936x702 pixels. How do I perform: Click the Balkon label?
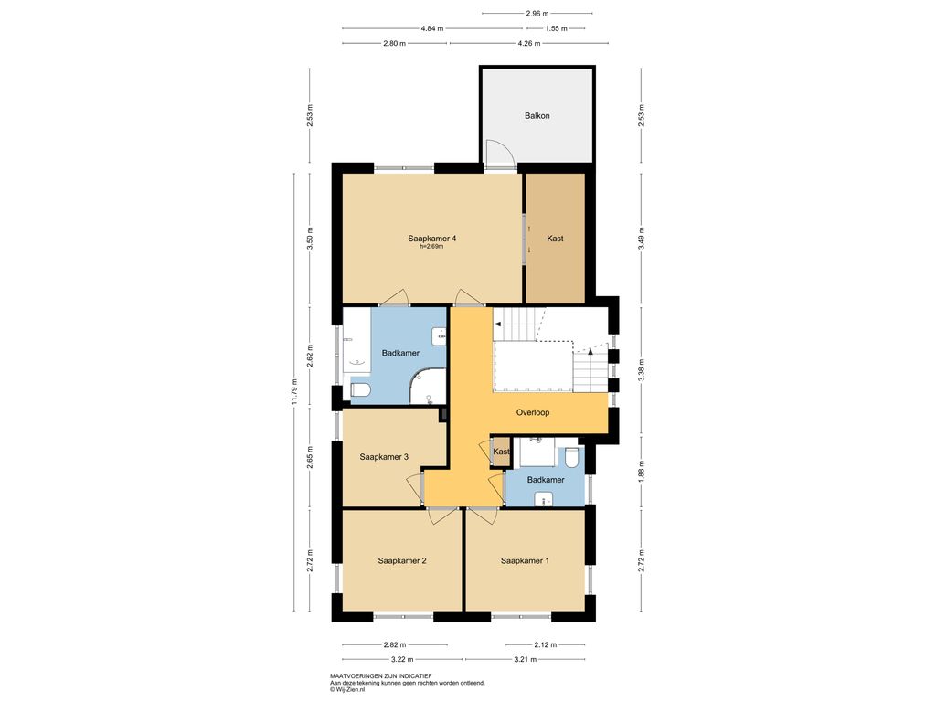tap(537, 116)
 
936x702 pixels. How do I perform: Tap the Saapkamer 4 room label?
tap(432, 239)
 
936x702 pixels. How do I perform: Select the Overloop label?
tap(533, 412)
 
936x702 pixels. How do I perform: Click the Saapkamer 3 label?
tap(384, 457)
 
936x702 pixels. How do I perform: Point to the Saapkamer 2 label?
tap(402, 560)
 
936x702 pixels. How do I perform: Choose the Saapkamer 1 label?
tap(525, 560)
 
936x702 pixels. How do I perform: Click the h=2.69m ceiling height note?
tap(431, 246)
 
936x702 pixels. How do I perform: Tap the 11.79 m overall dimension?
tap(293, 391)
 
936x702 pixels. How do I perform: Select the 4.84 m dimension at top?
tap(432, 28)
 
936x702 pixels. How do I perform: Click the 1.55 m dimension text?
tap(556, 28)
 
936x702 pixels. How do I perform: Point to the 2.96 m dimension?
tap(537, 13)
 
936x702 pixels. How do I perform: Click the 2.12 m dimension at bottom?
tap(545, 644)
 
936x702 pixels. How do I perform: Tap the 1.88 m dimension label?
tap(641, 472)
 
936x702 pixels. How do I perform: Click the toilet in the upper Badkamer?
tap(360, 390)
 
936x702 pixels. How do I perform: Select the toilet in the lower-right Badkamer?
tap(571, 457)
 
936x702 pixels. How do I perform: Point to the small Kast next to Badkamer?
tap(501, 452)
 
